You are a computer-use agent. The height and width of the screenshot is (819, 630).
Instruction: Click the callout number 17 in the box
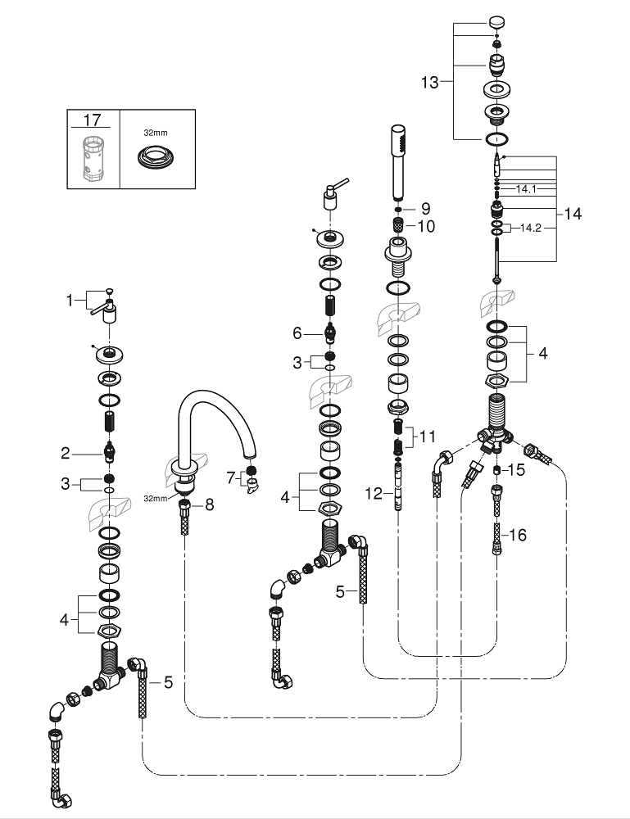93,120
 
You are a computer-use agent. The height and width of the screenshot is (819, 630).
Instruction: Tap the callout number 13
430,82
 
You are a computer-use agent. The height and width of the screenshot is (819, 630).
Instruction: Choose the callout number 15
514,470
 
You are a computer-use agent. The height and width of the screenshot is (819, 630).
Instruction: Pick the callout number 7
230,475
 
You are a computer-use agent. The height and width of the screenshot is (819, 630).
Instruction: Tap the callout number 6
298,333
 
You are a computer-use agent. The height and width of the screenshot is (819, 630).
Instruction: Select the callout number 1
70,301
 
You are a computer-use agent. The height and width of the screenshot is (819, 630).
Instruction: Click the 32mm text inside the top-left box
155,129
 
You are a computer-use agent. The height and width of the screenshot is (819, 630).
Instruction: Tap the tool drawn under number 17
93,157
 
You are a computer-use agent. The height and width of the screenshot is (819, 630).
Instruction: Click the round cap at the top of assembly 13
496,21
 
